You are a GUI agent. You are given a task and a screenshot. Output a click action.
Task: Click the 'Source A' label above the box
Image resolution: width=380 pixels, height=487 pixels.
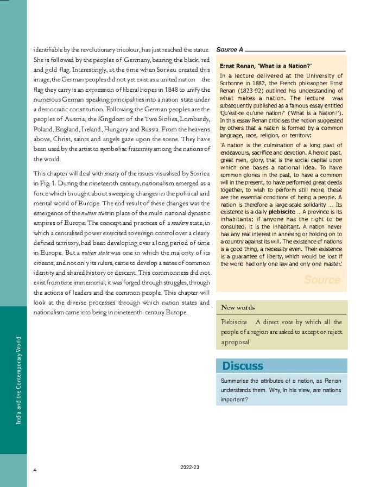[x=230, y=49]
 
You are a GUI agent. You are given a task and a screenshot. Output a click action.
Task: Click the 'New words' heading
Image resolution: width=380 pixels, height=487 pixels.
[x=238, y=307]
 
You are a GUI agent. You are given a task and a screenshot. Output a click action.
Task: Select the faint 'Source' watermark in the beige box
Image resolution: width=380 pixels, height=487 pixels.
[x=322, y=280]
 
